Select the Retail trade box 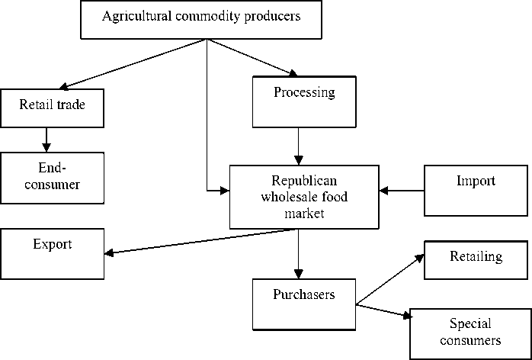pos(52,108)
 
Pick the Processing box pos(303,102)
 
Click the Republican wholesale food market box pos(303,196)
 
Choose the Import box pos(476,189)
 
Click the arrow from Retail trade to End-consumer pos(47,139)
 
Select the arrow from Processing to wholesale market pos(298,146)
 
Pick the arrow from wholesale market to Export pos(198,242)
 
